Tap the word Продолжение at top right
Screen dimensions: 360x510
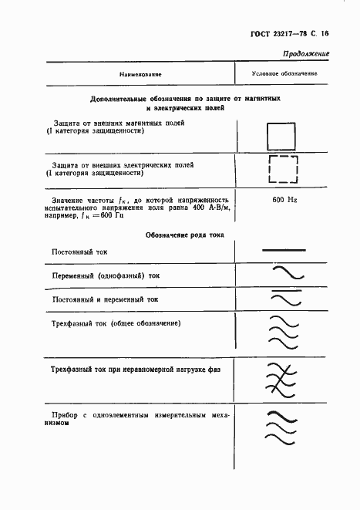tap(306, 55)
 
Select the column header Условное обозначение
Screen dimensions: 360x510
tap(284, 74)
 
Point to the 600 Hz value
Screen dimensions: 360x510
tap(284, 200)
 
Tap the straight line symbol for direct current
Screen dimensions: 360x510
tap(284, 250)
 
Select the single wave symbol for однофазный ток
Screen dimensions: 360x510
tap(285, 274)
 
